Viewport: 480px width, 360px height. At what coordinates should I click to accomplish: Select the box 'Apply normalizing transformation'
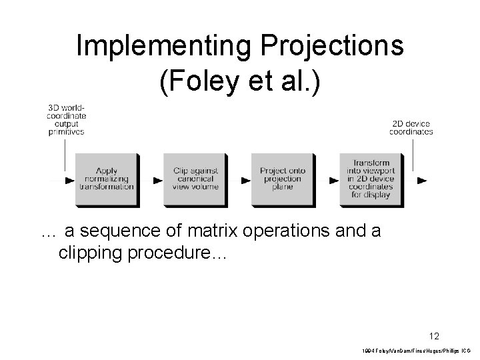105,179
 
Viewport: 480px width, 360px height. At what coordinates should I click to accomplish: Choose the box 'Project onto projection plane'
281,179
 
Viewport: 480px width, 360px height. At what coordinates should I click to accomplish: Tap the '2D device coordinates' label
411,127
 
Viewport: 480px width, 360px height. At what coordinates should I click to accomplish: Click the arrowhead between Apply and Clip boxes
158,180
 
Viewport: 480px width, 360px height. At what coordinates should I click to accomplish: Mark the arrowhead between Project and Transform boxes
334,180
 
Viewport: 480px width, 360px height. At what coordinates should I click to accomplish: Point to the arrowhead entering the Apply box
70,180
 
